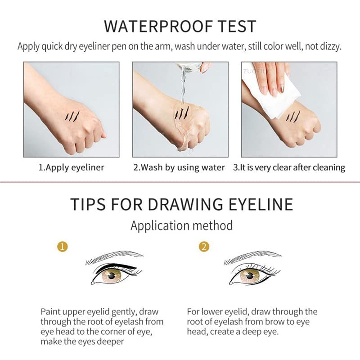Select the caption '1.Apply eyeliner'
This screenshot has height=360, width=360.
pos(71,167)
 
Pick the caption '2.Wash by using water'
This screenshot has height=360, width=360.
pos(179,167)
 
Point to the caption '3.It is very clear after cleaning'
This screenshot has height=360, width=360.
pos(289,167)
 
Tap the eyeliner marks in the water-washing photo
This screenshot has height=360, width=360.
pos(182,112)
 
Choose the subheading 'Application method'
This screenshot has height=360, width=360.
pos(181,225)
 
